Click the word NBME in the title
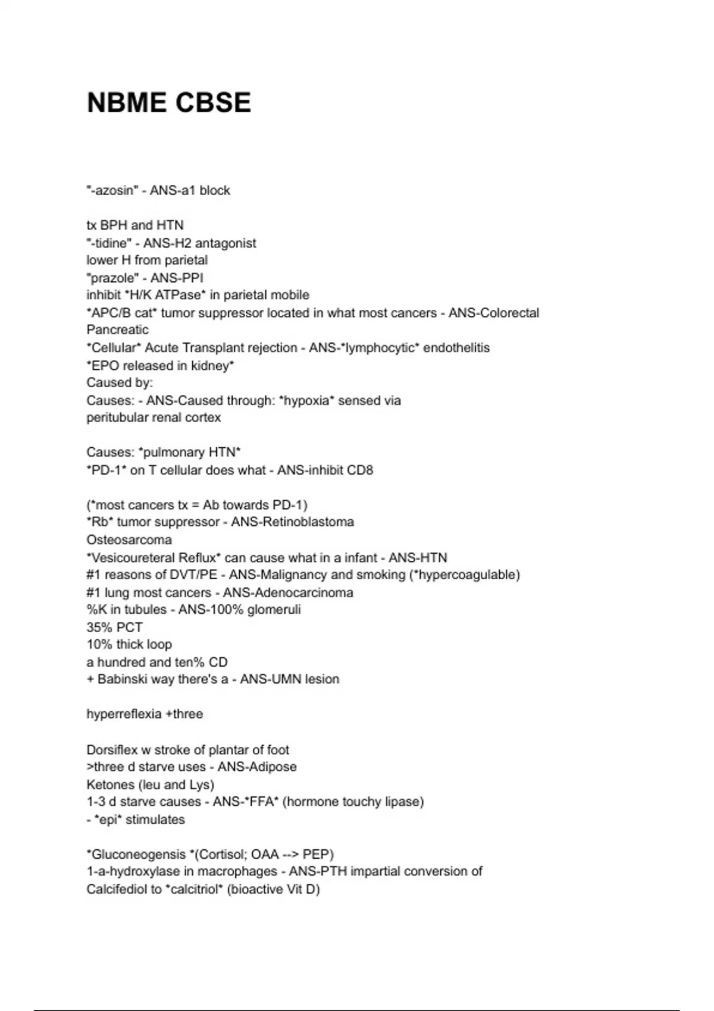[126, 103]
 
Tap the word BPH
[113, 225]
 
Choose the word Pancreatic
[117, 330]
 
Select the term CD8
[360, 470]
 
